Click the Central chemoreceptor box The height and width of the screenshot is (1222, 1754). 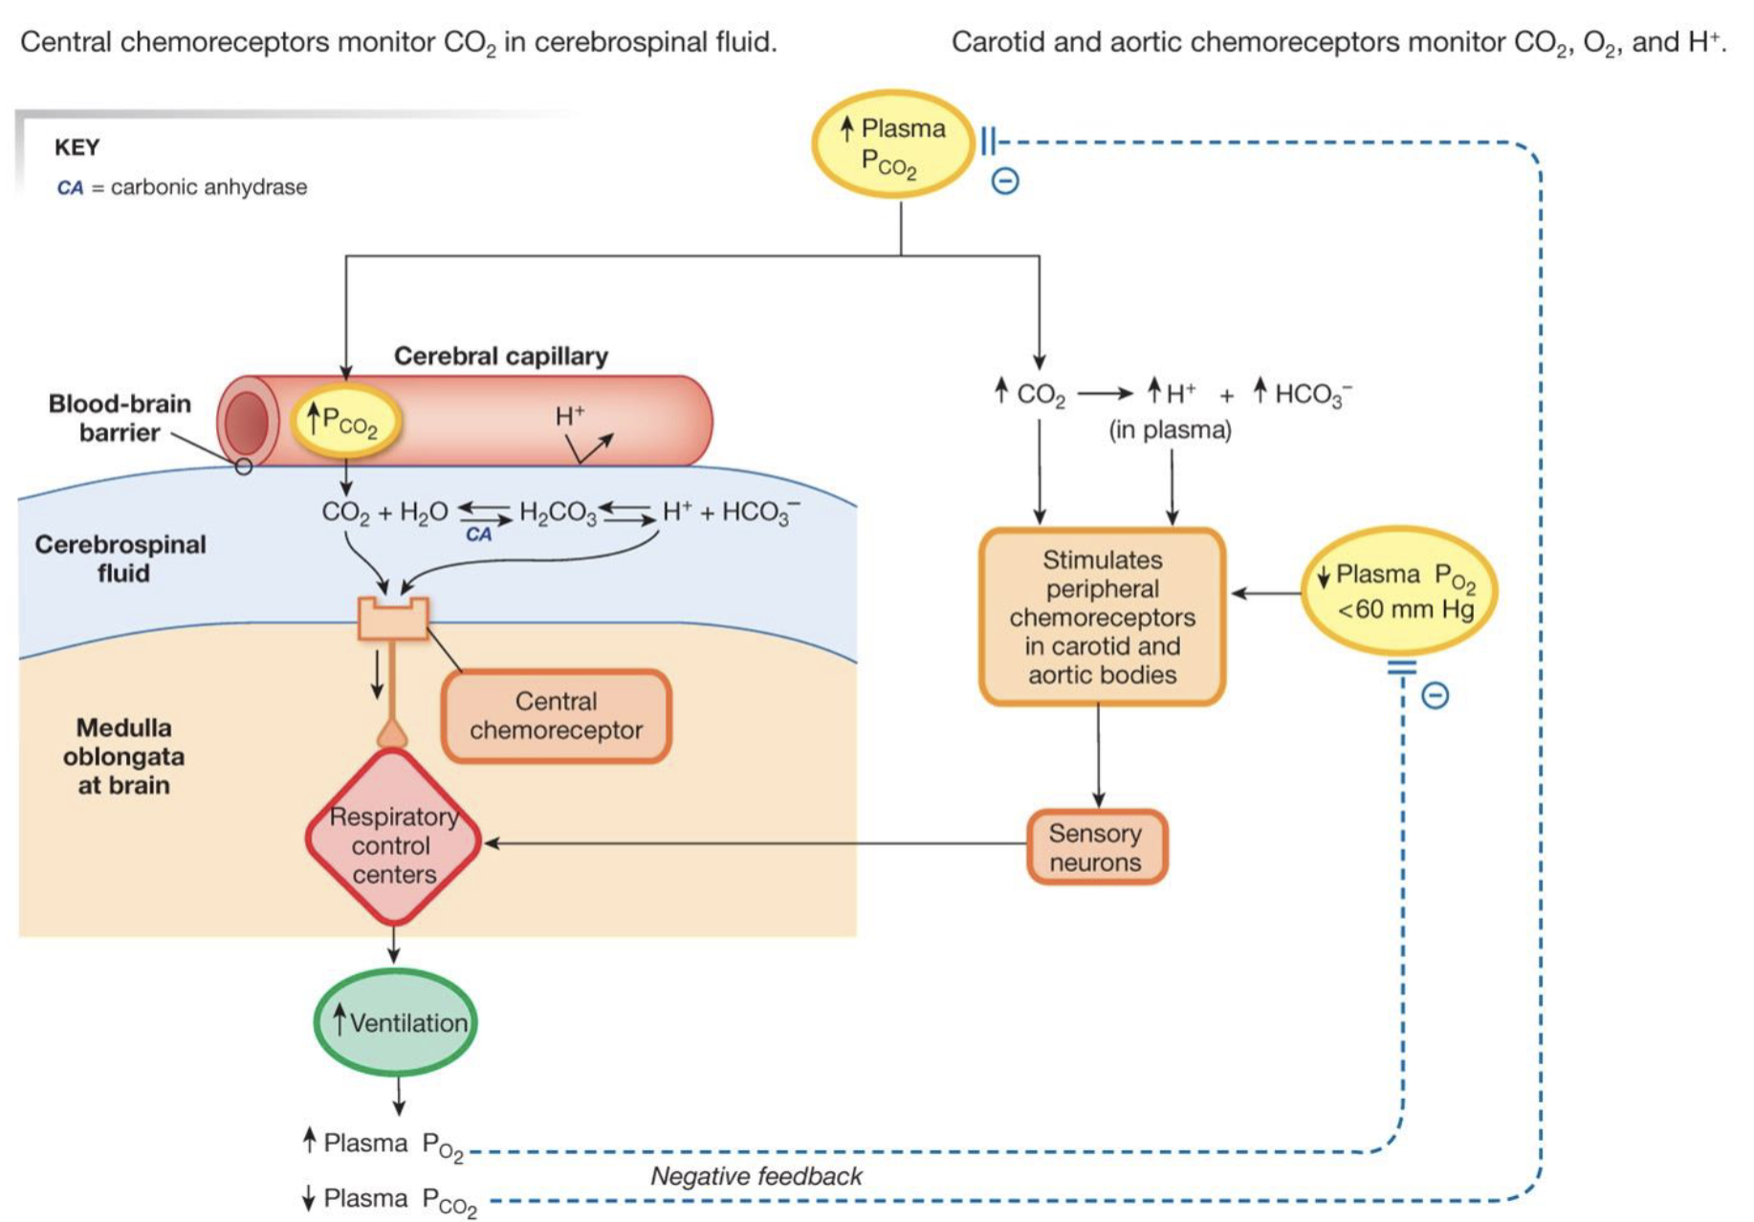pyautogui.click(x=556, y=716)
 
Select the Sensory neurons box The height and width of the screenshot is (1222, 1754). pyautogui.click(x=1096, y=847)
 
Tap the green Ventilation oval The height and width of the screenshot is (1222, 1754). pyautogui.click(x=396, y=1022)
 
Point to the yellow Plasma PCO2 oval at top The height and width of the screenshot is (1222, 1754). pyautogui.click(x=892, y=143)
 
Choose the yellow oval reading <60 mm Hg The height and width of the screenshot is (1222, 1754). pyautogui.click(x=1399, y=590)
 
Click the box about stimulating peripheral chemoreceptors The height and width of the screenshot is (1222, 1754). pyautogui.click(x=1102, y=617)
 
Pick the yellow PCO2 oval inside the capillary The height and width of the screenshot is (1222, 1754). pyautogui.click(x=343, y=421)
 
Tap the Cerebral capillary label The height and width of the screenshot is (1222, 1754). pyautogui.click(x=500, y=356)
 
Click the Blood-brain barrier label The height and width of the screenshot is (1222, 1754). pyautogui.click(x=120, y=418)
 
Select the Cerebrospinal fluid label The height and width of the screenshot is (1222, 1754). pyautogui.click(x=121, y=558)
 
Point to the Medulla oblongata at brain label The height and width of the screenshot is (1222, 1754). pyautogui.click(x=123, y=755)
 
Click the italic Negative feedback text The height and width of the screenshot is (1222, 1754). pyautogui.click(x=756, y=1176)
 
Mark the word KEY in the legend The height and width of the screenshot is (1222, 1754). pyautogui.click(x=77, y=147)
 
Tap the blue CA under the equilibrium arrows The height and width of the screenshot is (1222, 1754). pyautogui.click(x=478, y=535)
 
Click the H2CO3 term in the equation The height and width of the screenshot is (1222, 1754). pyautogui.click(x=558, y=513)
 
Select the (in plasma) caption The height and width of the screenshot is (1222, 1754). pyautogui.click(x=1170, y=430)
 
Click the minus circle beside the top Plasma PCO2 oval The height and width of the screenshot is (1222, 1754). pyautogui.click(x=1004, y=181)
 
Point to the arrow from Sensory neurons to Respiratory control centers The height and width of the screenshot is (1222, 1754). pyautogui.click(x=756, y=843)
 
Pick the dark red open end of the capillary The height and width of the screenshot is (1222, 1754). pyautogui.click(x=247, y=422)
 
